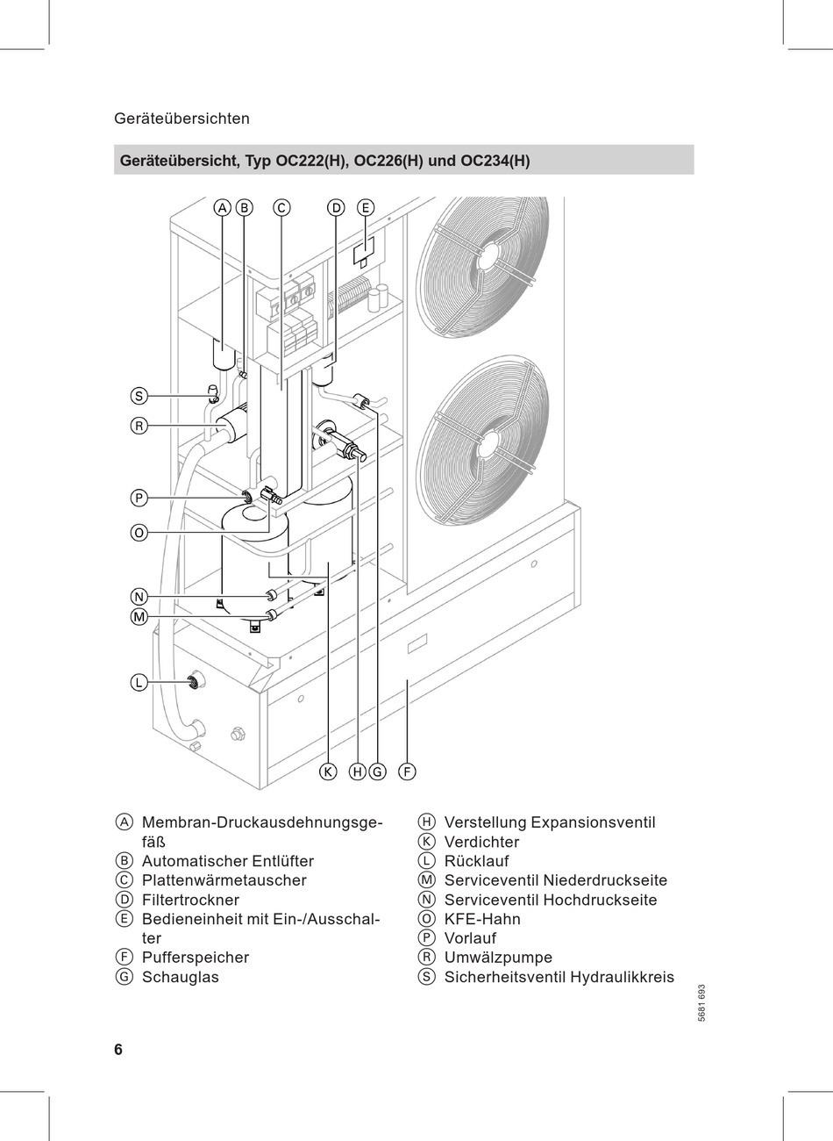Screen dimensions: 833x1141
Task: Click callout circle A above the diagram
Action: coord(223,208)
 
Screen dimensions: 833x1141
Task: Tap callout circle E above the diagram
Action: coord(366,208)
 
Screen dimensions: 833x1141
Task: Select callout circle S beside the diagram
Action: coord(139,396)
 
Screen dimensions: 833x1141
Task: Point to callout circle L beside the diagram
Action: coord(139,683)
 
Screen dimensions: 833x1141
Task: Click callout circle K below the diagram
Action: coord(328,772)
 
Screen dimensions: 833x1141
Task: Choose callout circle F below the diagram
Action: coord(407,772)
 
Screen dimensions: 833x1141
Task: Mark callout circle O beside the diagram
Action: coord(139,534)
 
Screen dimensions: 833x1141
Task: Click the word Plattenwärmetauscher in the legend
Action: coord(224,880)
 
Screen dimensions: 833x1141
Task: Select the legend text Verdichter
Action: coord(481,842)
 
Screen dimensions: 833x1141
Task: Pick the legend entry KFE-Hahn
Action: coord(482,919)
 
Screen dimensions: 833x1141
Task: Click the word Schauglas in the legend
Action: coord(180,977)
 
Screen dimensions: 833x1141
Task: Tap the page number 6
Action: coord(118,1050)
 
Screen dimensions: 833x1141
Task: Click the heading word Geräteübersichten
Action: coord(182,118)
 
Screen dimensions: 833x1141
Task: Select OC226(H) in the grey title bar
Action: coord(388,161)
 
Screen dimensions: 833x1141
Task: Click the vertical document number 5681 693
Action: coord(701,1003)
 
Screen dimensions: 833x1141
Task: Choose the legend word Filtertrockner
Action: coord(190,900)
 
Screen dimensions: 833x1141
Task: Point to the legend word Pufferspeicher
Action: coord(196,958)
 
